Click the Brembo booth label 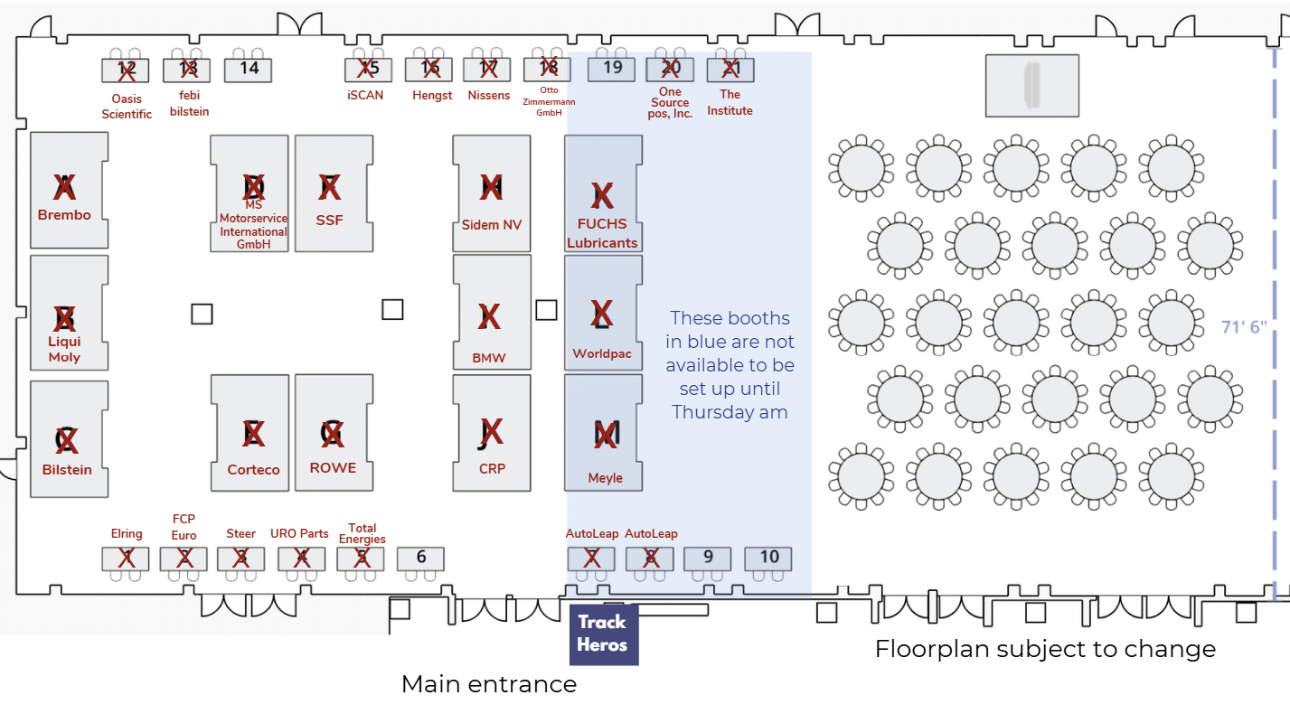point(64,215)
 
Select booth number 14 point(249,68)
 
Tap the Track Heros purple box point(603,634)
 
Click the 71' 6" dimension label point(1243,327)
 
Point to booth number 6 point(421,558)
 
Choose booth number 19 point(612,67)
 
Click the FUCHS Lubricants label point(602,233)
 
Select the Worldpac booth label point(602,353)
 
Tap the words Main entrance point(489,684)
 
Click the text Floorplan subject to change point(1045,649)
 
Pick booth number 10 point(768,558)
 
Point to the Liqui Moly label point(64,349)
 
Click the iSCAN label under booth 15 point(365,95)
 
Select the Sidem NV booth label point(492,225)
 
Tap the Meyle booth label point(605,478)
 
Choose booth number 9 point(708,558)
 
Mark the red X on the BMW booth point(489,316)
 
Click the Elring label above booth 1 point(127,534)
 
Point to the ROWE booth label point(333,468)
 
